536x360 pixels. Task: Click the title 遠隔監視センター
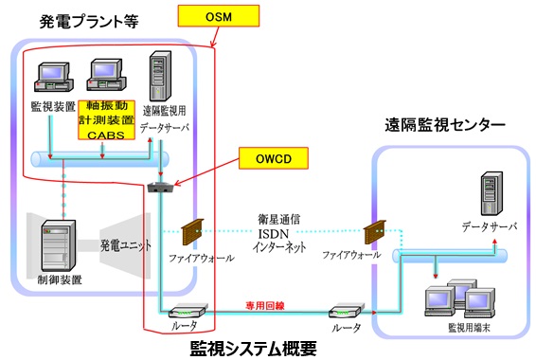click(x=444, y=124)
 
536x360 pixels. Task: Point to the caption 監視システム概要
click(x=254, y=348)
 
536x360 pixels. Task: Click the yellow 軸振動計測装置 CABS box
click(x=113, y=120)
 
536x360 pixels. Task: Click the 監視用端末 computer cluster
click(x=452, y=300)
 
